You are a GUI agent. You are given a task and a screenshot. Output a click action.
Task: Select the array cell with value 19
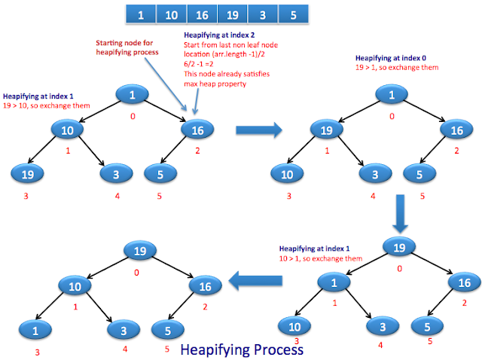click(232, 14)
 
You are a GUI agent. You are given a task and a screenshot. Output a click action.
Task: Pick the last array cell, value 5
click(292, 14)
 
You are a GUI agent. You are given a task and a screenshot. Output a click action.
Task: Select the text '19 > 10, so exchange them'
click(46, 105)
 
